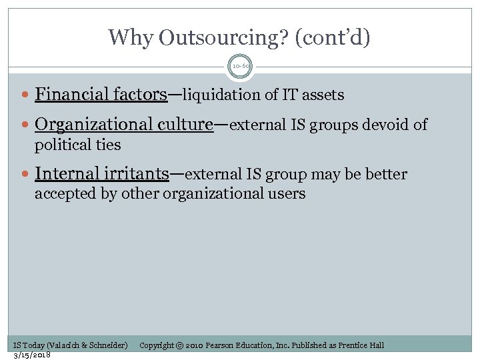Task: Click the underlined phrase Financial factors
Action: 101,95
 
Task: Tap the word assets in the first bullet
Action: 323,95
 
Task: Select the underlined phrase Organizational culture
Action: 124,125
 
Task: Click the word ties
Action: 106,145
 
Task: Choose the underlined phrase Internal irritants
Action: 101,174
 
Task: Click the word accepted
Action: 63,194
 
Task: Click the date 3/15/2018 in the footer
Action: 32,355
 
